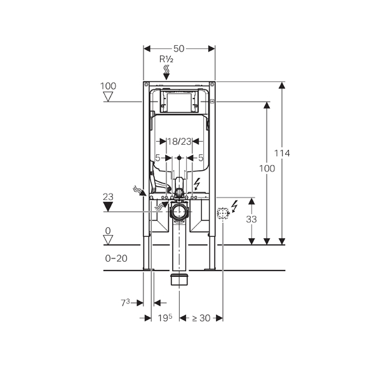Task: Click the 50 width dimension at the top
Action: [179, 49]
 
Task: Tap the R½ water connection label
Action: [166, 59]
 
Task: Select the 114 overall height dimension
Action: [282, 153]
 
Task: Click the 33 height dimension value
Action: [251, 220]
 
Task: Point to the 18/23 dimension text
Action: [179, 142]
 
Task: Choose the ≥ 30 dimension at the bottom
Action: [201, 318]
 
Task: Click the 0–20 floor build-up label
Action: [116, 258]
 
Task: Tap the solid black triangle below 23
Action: [108, 207]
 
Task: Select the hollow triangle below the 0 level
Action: [108, 240]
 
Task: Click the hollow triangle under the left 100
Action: [108, 97]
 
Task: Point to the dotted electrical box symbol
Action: [223, 213]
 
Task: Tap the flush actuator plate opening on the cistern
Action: [179, 102]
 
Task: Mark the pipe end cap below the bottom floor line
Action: [179, 279]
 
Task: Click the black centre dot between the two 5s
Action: [179, 158]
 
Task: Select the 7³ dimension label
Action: [125, 303]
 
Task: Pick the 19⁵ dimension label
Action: [165, 317]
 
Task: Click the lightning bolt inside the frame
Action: [197, 184]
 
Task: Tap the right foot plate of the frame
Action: [210, 269]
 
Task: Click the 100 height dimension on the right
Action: [267, 168]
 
